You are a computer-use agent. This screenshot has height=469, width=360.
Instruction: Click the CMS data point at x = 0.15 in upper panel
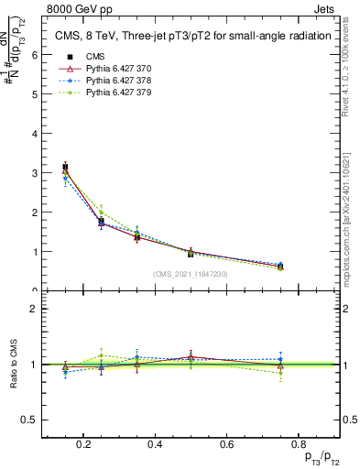(x=65, y=167)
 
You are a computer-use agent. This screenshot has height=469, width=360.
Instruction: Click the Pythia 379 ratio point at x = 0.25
(x=101, y=354)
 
